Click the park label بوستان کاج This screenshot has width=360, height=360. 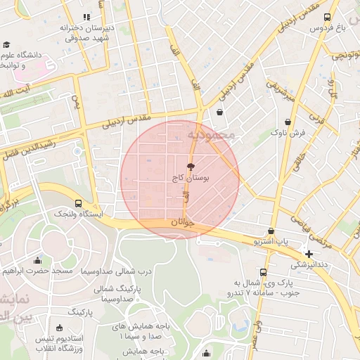pyautogui.click(x=191, y=179)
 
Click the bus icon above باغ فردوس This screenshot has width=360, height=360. pyautogui.click(x=326, y=18)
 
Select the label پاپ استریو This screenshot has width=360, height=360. pyautogui.click(x=271, y=241)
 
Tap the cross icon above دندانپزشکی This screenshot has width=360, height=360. pyautogui.click(x=309, y=253)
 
